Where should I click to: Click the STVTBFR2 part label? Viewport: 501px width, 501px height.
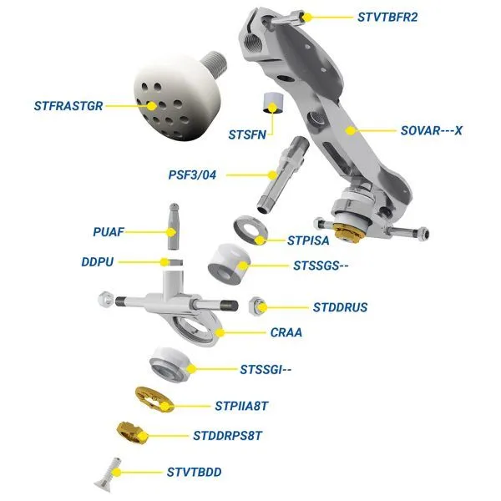click(387, 18)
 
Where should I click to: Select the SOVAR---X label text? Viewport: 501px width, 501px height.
click(432, 130)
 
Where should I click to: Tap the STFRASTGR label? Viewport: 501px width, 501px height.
click(68, 106)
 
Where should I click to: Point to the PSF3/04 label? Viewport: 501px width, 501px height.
click(192, 175)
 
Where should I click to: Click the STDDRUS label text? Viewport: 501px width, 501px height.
click(341, 307)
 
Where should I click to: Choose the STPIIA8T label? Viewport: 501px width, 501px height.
click(241, 406)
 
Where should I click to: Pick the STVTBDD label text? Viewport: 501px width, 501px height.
click(195, 473)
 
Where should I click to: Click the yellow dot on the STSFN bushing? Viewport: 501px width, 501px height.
click(272, 108)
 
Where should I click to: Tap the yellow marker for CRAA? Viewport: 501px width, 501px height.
click(220, 332)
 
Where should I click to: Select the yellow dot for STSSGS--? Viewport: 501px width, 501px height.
click(244, 266)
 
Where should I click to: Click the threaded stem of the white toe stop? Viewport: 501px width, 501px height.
click(215, 63)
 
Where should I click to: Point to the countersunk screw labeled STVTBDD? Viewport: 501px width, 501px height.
click(109, 473)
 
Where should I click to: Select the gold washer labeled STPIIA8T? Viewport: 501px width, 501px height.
click(154, 399)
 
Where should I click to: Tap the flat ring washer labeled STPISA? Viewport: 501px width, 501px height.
click(250, 230)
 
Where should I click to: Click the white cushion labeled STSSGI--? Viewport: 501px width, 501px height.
click(170, 364)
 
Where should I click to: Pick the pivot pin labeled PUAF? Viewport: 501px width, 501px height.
click(174, 226)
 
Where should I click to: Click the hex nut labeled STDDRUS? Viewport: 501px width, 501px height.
click(257, 306)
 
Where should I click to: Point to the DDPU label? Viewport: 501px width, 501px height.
click(98, 262)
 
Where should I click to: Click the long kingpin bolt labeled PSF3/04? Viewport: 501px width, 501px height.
click(282, 175)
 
